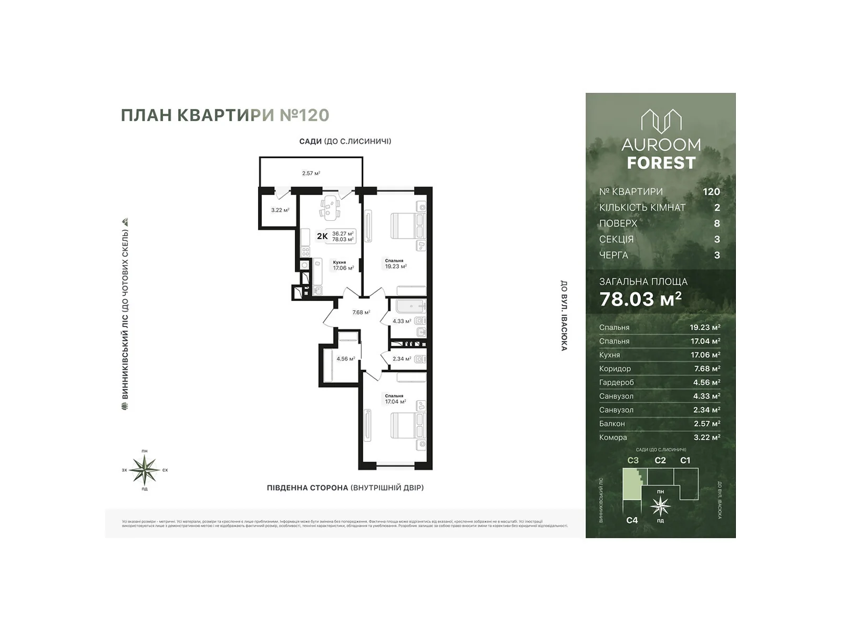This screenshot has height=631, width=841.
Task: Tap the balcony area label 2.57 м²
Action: point(311,173)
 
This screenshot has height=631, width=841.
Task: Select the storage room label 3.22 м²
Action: point(280,210)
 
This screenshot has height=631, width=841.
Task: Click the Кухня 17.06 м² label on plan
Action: point(343,266)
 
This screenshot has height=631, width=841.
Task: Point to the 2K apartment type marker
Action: point(322,236)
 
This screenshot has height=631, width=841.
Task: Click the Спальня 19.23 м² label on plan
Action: point(395,264)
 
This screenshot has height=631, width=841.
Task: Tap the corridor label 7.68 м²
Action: point(361,312)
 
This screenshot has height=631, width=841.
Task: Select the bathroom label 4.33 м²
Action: point(402,321)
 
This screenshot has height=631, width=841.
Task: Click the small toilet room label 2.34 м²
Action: point(402,359)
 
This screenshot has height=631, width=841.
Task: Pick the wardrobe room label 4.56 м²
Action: point(345,359)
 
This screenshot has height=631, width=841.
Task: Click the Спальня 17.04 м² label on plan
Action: point(395,399)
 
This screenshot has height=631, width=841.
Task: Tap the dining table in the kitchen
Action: point(330,206)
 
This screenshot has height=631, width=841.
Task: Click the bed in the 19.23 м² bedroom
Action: point(408,226)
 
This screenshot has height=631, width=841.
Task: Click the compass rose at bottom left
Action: point(145,469)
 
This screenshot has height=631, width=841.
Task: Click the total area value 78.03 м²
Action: point(640,299)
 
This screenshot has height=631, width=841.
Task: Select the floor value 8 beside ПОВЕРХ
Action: point(717,223)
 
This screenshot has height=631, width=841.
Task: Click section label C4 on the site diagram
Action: point(632,520)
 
